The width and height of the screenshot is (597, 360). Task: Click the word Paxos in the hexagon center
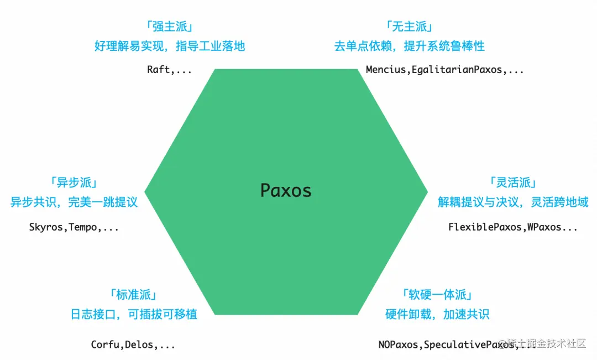coord(286,191)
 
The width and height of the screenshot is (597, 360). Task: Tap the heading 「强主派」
coord(169,27)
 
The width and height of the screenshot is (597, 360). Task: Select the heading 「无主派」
coord(409,27)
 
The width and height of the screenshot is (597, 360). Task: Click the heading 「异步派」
coord(74,182)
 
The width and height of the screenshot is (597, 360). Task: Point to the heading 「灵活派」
coord(513,182)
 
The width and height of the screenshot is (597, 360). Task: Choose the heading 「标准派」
coord(134,295)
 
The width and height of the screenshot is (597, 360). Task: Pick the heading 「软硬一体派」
coord(437,295)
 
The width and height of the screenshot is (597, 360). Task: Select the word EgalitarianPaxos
coord(455,70)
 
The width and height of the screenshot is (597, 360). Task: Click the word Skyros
coord(46,227)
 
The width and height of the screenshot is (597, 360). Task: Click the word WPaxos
coord(544,227)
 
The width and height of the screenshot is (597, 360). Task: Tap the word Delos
coord(139,345)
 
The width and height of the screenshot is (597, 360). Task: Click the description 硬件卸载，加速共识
coord(437,315)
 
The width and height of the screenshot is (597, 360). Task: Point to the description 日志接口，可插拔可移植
coord(134,315)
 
